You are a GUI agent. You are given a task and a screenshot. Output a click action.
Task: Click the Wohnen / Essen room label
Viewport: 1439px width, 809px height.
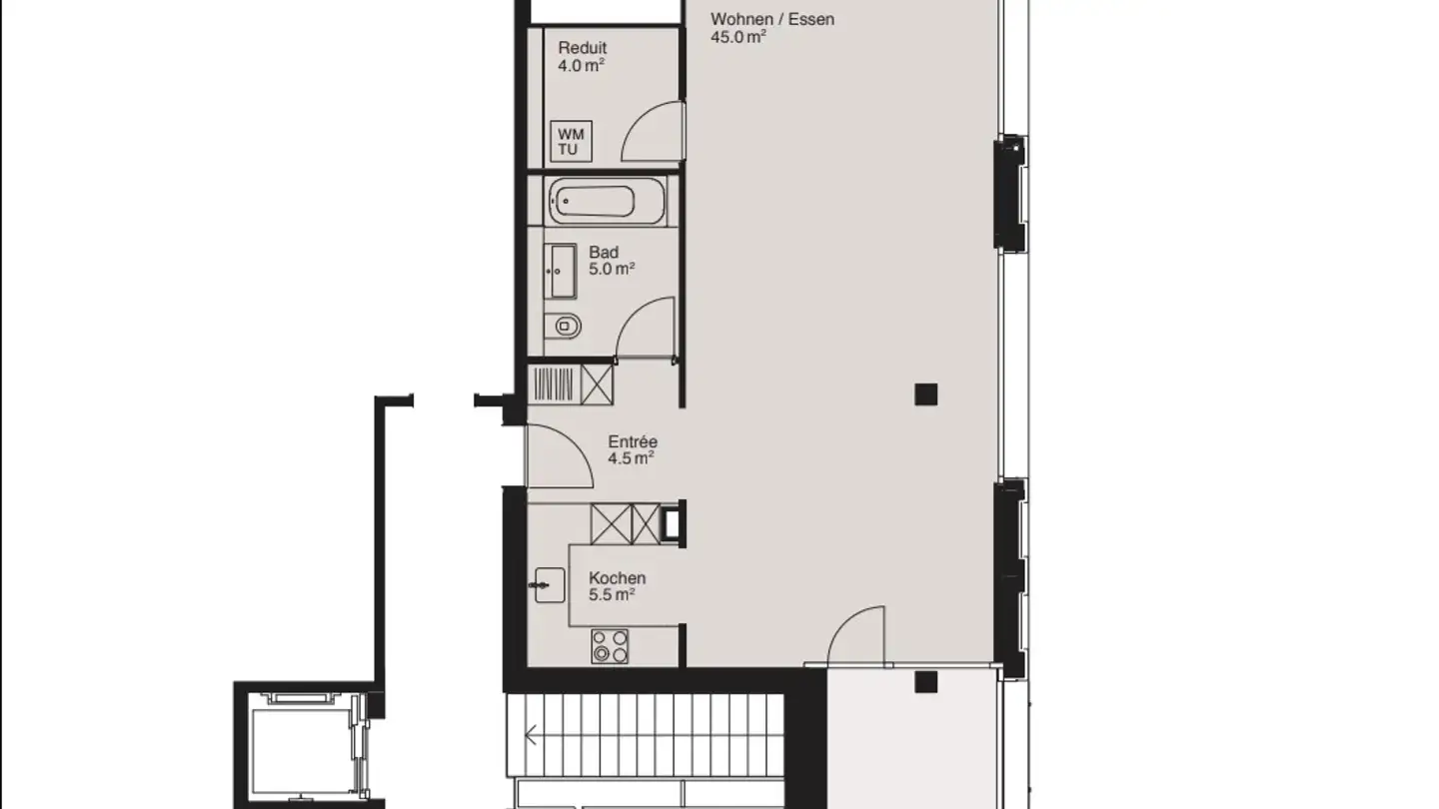(x=771, y=19)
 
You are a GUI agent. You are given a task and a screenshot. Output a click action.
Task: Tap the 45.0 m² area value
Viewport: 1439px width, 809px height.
(x=738, y=37)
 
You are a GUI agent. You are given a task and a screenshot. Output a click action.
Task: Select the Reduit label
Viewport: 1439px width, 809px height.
(x=583, y=48)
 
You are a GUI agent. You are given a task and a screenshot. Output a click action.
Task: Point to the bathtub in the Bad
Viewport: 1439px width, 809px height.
(x=592, y=203)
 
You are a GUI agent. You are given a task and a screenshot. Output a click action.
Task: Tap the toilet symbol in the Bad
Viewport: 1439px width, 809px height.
(x=566, y=325)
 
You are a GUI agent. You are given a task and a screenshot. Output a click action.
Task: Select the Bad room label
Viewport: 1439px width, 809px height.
(x=604, y=253)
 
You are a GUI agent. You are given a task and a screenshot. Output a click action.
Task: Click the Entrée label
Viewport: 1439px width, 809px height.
(x=633, y=442)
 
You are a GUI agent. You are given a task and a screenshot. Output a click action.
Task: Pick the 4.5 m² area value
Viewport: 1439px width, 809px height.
(x=631, y=459)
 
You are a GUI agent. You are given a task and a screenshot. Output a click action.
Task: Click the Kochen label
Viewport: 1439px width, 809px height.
(x=617, y=578)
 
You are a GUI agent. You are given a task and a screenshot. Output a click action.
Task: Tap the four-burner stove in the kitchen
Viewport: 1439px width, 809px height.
(x=610, y=646)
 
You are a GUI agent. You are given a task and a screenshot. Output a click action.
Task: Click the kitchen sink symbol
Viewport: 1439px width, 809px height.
(x=549, y=585)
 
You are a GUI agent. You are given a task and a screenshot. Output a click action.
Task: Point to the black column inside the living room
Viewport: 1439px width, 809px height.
(x=925, y=395)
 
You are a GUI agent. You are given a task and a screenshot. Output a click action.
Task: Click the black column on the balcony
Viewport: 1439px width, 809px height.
(x=925, y=682)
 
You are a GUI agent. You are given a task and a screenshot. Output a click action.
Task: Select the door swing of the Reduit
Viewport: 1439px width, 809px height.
(x=652, y=133)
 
